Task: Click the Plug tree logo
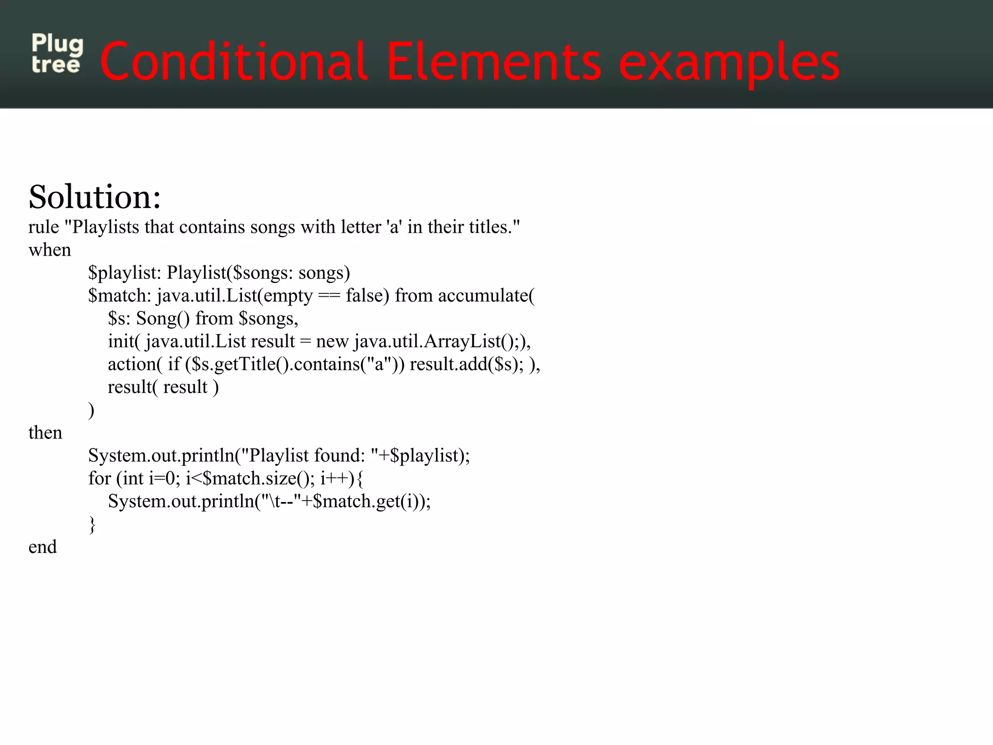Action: point(57,53)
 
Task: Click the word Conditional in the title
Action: point(233,62)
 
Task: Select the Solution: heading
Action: point(95,197)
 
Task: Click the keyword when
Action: point(49,250)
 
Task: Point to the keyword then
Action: point(45,433)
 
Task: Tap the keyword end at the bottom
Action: point(43,547)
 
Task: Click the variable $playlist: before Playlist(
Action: point(124,273)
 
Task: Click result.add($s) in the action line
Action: point(464,364)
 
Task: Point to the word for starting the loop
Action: point(99,478)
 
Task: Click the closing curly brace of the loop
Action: point(92,524)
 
